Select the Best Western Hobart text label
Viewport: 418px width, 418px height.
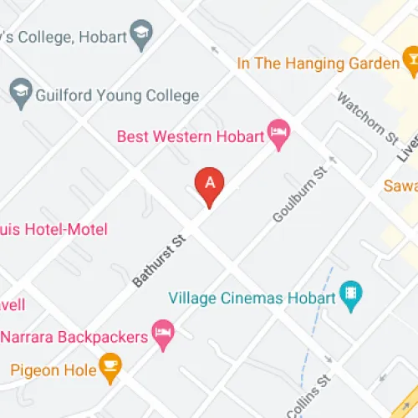pos(189,135)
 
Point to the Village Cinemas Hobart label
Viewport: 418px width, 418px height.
pos(252,298)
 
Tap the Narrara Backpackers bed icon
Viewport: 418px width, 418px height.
pos(163,334)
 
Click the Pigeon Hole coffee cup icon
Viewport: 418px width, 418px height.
pos(110,365)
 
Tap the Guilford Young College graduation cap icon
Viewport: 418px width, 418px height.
pos(19,91)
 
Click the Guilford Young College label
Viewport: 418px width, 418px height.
pos(117,95)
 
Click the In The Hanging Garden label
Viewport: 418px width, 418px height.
pos(318,63)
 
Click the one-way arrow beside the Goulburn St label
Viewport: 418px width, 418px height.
pos(333,158)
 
